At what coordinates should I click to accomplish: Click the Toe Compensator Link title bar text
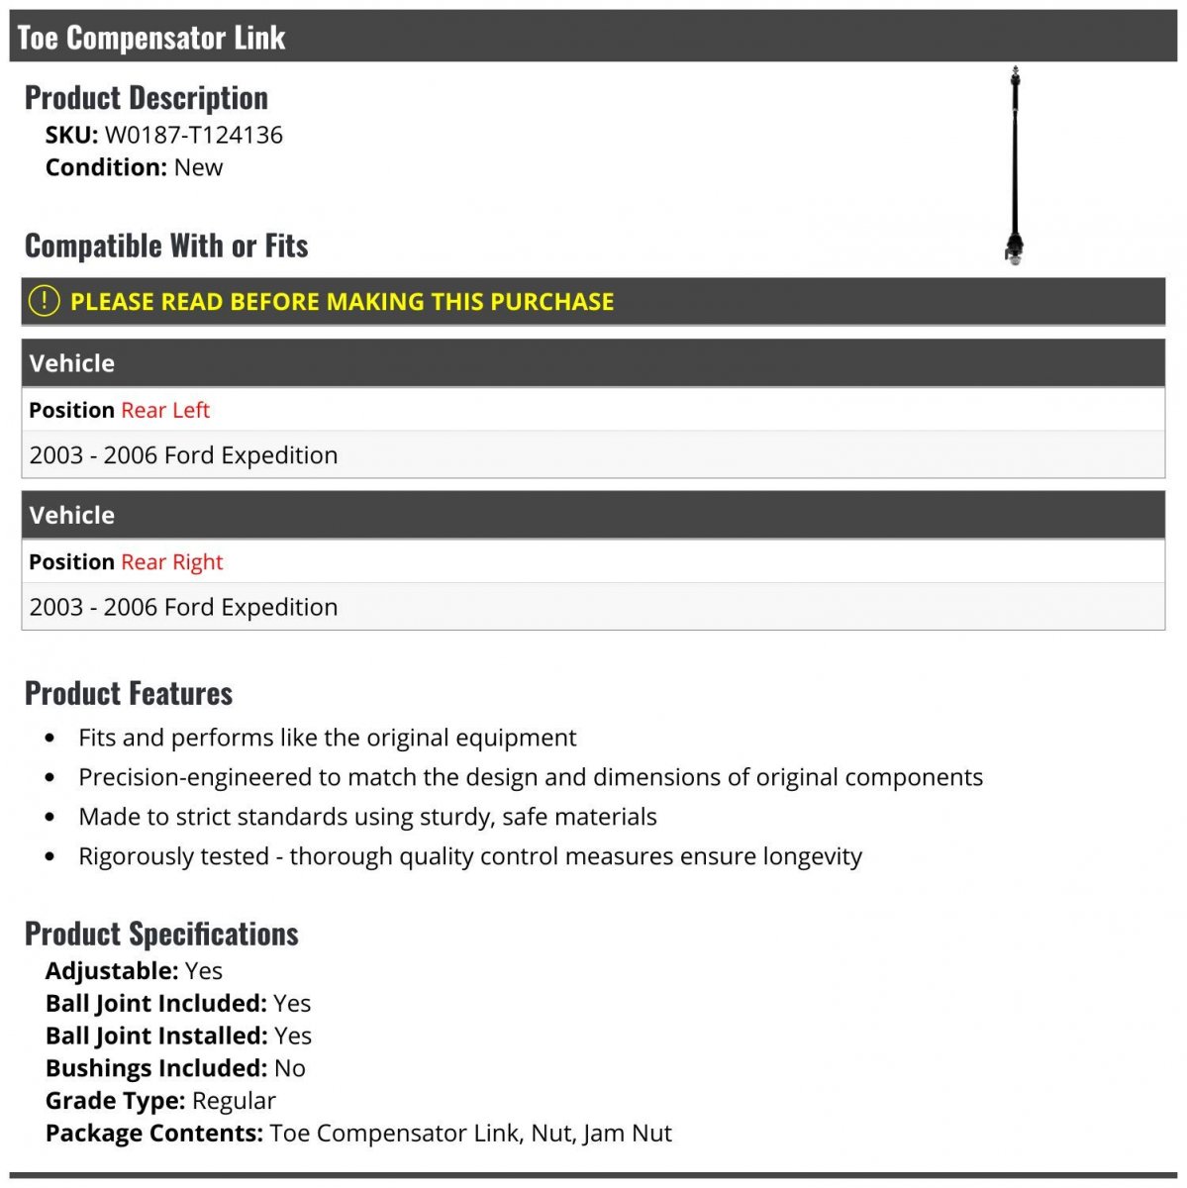[151, 38]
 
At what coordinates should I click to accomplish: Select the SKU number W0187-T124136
[194, 135]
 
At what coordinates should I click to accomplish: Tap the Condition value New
[198, 167]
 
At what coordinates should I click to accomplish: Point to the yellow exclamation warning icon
[44, 300]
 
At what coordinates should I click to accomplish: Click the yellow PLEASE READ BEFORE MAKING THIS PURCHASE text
[342, 302]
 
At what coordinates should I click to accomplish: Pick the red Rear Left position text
[165, 410]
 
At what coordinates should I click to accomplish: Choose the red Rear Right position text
[171, 562]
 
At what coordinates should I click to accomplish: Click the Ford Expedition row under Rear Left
[183, 455]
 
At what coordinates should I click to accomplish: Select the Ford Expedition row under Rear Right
[183, 607]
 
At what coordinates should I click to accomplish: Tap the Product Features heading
[129, 693]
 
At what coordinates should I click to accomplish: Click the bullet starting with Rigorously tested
[469, 856]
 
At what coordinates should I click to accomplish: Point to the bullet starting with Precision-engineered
[530, 777]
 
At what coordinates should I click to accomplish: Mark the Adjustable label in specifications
[111, 971]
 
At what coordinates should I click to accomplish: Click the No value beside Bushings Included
[289, 1068]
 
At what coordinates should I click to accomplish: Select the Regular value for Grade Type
[234, 1101]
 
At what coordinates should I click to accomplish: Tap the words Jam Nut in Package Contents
[627, 1134]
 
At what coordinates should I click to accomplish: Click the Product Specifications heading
[161, 934]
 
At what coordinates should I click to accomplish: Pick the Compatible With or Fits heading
[166, 246]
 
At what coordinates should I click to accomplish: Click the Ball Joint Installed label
[156, 1036]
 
